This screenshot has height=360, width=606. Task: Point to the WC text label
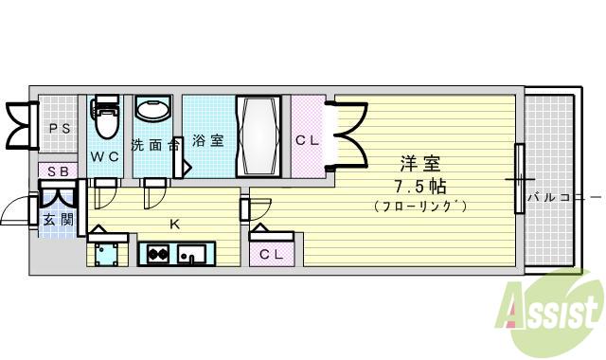pos(105,154)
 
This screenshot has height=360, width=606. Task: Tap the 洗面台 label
pos(154,145)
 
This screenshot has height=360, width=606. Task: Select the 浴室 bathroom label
pos(208,141)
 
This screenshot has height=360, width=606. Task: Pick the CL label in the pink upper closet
pos(308,141)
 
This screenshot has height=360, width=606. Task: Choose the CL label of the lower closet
pos(272,253)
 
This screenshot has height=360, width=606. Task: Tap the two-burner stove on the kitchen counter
pos(156,254)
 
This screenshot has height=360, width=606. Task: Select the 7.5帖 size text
pos(419,186)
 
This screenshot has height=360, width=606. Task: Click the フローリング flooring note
pos(419,206)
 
